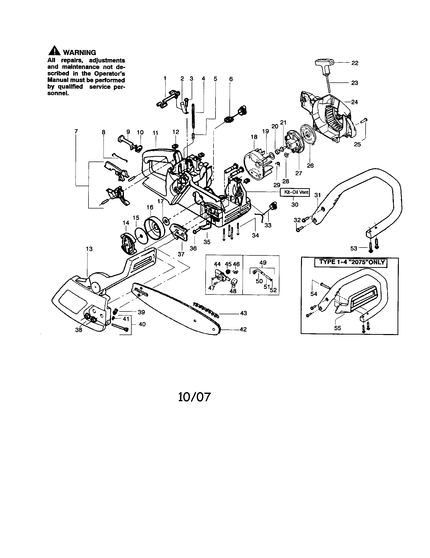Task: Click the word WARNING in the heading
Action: tap(79, 53)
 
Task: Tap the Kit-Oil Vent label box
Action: tap(295, 192)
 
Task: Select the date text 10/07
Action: tap(194, 397)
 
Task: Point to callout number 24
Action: tap(354, 102)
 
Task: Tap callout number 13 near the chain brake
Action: tap(89, 249)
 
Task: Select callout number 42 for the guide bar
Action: tap(243, 329)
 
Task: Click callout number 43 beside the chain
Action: tap(244, 313)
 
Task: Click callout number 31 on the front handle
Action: tap(317, 195)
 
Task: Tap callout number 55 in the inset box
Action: tap(337, 328)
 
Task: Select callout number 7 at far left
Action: tap(76, 131)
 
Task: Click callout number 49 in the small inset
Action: tap(263, 263)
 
